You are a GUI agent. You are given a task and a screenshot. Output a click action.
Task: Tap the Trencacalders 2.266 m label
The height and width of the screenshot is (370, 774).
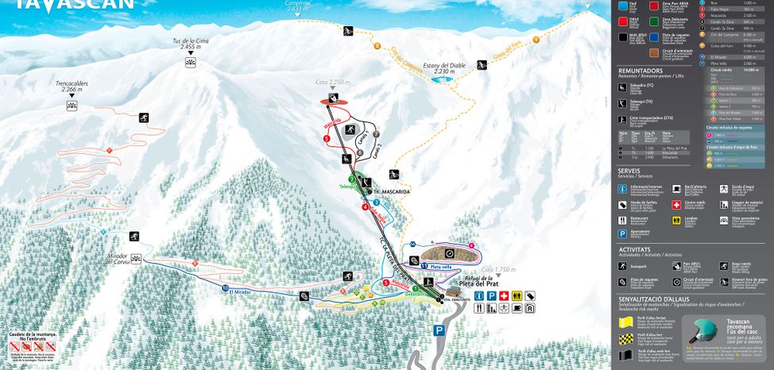(72, 86)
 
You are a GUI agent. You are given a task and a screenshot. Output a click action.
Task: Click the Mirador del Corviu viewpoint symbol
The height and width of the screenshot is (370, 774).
(136, 259)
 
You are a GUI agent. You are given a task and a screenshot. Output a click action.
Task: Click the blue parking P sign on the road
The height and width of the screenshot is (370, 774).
(439, 330)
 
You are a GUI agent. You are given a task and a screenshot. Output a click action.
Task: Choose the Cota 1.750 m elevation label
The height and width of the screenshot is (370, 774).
(499, 269)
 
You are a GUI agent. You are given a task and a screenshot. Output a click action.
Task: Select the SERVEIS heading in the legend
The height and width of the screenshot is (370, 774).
(629, 171)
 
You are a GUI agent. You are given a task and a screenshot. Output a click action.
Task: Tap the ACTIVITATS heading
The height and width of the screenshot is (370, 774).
(634, 249)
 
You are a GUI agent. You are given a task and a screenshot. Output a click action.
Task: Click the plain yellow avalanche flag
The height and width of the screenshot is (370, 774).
(625, 322)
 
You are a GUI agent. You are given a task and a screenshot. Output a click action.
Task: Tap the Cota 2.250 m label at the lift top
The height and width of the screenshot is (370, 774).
(332, 82)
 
